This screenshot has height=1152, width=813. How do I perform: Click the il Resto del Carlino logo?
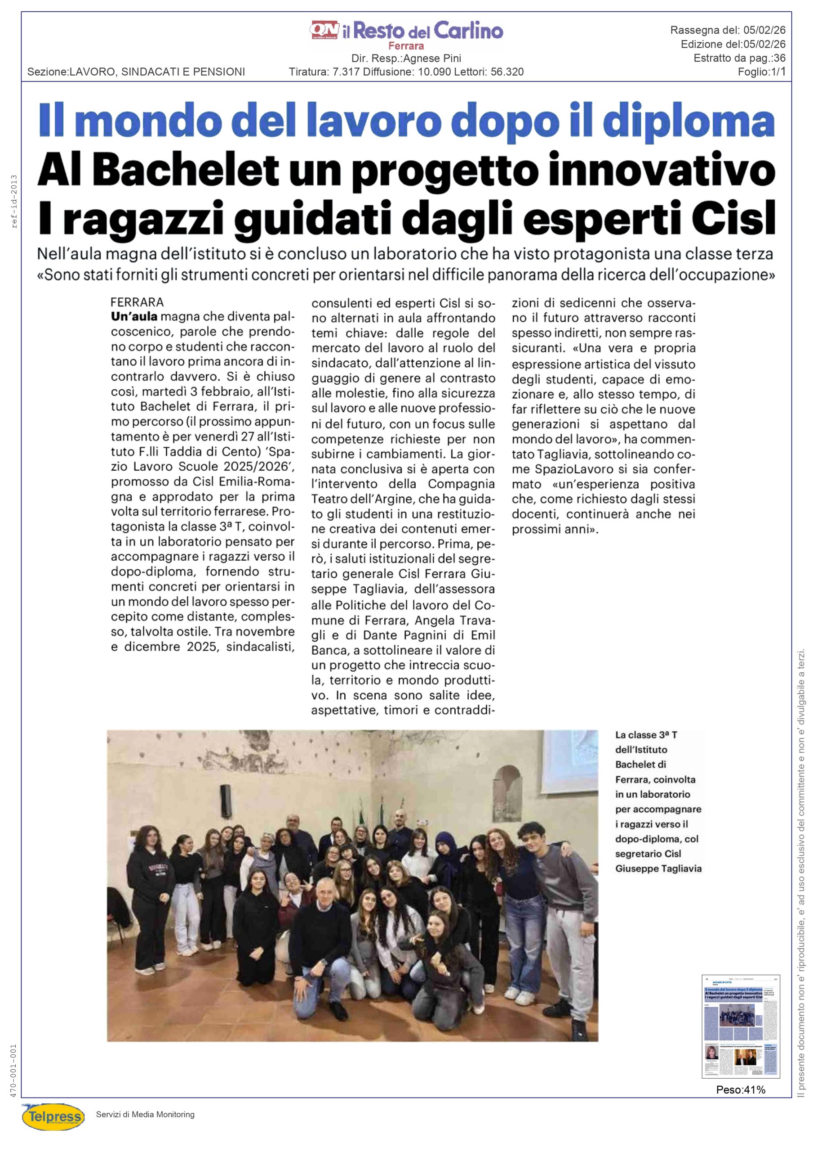[x=406, y=31]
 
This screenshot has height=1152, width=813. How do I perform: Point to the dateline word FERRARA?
[x=137, y=302]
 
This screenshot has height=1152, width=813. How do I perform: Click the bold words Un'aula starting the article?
[x=134, y=317]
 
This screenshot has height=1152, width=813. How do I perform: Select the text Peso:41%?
[x=740, y=1089]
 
